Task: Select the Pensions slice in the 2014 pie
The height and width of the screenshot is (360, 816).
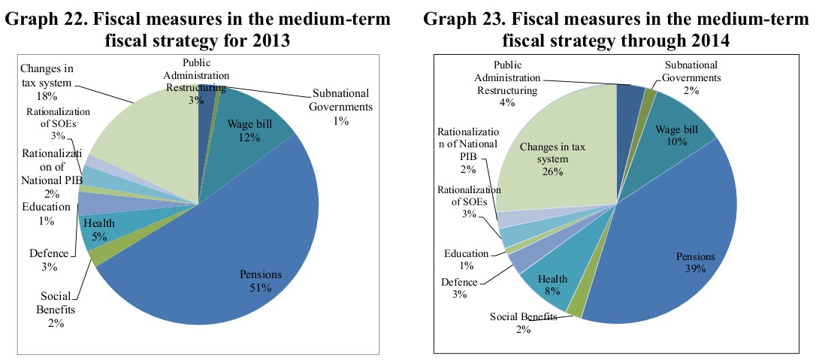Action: click(669, 248)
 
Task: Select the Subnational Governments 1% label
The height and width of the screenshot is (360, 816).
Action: click(342, 107)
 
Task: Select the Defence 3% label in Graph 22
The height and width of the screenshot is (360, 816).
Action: click(47, 260)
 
